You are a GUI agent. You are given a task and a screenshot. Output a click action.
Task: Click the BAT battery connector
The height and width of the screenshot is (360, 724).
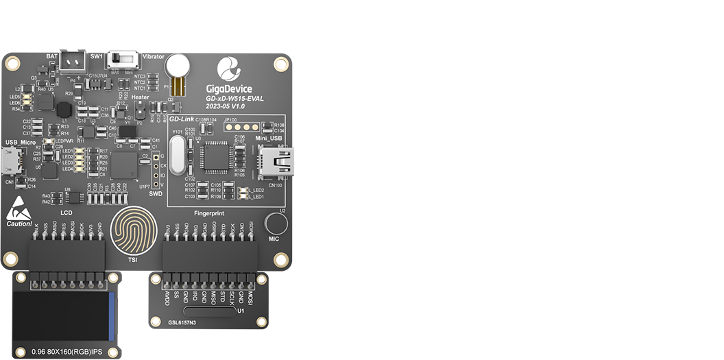pyautogui.click(x=72, y=61)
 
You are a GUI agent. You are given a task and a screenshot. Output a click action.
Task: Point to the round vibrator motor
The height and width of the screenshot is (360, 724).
pyautogui.click(x=180, y=65)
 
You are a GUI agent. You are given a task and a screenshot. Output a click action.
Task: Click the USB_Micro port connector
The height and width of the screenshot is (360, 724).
pyautogui.click(x=10, y=162)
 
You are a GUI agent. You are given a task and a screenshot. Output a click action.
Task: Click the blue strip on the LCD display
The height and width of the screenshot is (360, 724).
pyautogui.click(x=112, y=316)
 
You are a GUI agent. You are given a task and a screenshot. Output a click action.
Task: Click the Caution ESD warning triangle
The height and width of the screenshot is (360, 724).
pyautogui.click(x=19, y=211)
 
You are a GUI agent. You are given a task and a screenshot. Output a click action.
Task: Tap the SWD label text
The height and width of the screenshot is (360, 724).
pyautogui.click(x=156, y=194)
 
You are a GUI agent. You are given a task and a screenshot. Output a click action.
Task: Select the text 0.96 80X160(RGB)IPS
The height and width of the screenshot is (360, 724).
pyautogui.click(x=67, y=352)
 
